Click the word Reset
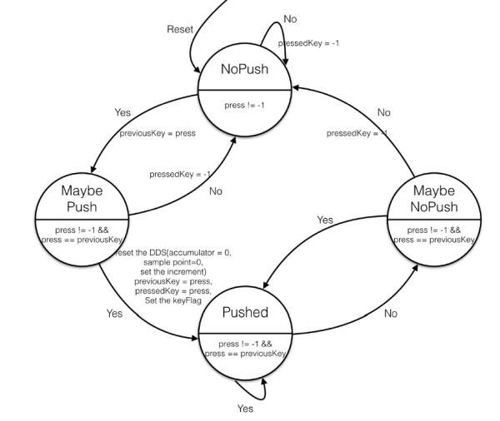(180, 29)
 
